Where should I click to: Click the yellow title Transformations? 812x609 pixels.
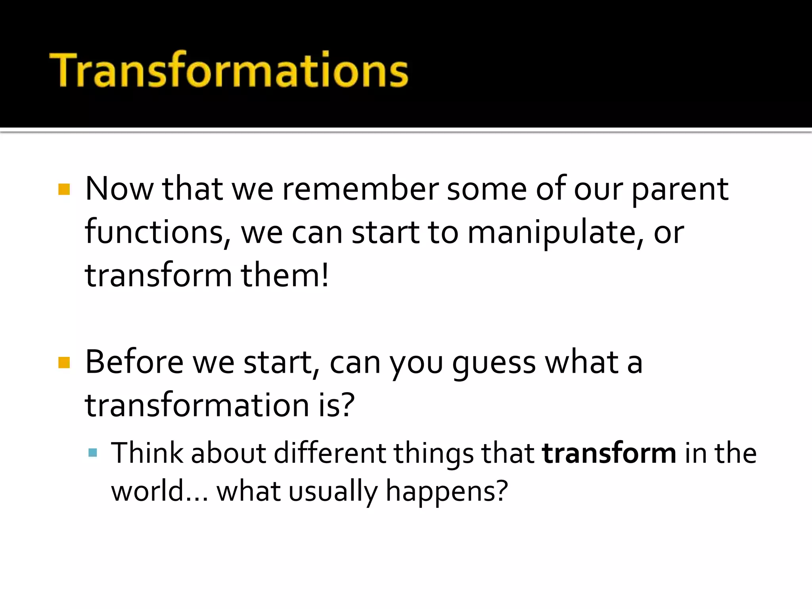(229, 70)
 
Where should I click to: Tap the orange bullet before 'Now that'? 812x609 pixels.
(64, 189)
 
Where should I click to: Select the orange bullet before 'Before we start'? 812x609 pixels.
(64, 362)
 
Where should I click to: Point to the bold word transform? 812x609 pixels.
(609, 453)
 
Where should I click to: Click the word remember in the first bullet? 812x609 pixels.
(360, 189)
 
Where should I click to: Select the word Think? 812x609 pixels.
(147, 453)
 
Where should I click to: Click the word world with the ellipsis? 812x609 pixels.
(159, 491)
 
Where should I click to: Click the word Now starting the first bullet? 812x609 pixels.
(119, 189)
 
